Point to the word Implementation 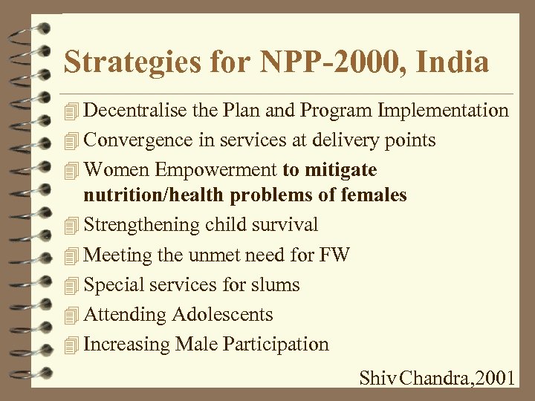444,111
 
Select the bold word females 370,195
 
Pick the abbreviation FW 334,255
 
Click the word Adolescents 222,314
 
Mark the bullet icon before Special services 71,285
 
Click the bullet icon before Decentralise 71,112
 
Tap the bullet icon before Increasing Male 71,345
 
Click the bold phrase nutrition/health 154,195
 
